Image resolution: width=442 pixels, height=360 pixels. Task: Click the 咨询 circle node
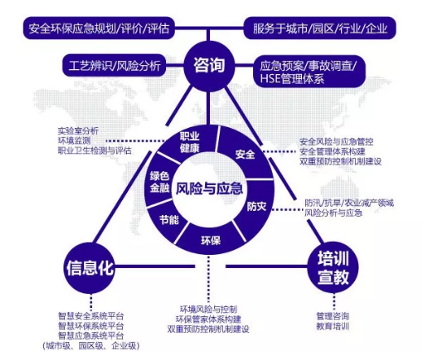tap(209, 66)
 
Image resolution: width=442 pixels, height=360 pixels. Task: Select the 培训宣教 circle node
tap(333, 267)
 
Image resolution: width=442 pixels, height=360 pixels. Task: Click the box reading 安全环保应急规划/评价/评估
tap(98, 29)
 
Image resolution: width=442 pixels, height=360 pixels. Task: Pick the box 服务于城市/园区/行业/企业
tap(320, 29)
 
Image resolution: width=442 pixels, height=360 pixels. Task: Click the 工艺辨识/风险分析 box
tap(114, 66)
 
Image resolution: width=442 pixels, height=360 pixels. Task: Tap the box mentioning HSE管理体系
tap(309, 72)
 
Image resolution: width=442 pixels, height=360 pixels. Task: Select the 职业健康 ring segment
tap(190, 142)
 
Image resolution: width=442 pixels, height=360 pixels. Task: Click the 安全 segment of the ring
tap(245, 155)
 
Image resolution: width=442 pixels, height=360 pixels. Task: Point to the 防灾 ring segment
tap(256, 207)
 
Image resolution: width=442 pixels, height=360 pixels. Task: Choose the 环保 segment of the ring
tap(210, 240)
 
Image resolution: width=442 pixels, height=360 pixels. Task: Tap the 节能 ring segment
tap(168, 220)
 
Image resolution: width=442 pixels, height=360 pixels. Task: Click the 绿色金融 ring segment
tap(160, 182)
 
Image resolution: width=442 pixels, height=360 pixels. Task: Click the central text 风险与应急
tap(209, 188)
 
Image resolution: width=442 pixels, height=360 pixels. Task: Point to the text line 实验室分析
tap(78, 131)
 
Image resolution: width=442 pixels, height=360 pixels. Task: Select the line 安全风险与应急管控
tap(336, 142)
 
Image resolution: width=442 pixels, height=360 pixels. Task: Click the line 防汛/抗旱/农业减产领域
tap(349, 203)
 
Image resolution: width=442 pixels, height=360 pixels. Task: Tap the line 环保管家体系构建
tap(208, 319)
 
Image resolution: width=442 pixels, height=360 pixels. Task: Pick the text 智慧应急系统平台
tap(91, 336)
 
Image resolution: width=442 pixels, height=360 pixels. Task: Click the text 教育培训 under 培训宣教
tap(333, 326)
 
